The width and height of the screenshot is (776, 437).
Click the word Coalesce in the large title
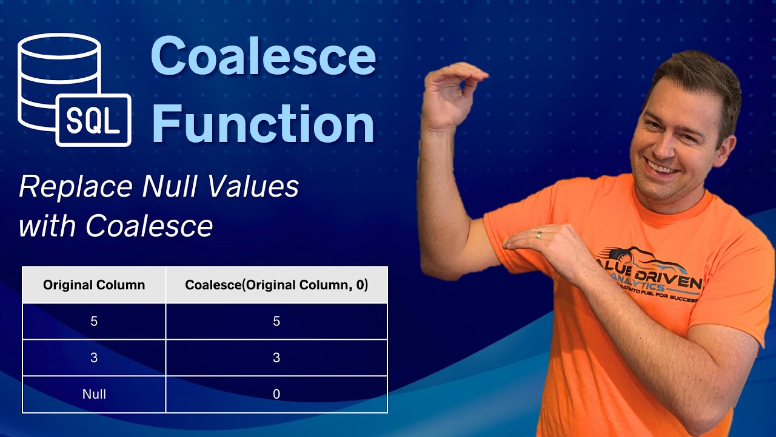pyautogui.click(x=263, y=56)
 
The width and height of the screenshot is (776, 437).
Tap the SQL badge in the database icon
pyautogui.click(x=93, y=120)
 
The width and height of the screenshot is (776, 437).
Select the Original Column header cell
pyautogui.click(x=94, y=285)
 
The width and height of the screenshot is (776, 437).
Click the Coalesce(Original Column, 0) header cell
pyautogui.click(x=276, y=285)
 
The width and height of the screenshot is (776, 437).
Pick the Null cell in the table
pyautogui.click(x=94, y=395)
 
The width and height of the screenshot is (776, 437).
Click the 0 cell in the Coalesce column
pyautogui.click(x=276, y=395)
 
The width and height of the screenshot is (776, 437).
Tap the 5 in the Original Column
pyautogui.click(x=94, y=322)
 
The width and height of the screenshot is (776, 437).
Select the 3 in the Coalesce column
pyautogui.click(x=276, y=358)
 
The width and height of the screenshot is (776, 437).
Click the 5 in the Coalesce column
pyautogui.click(x=276, y=322)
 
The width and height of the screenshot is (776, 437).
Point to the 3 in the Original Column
pyautogui.click(x=94, y=358)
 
